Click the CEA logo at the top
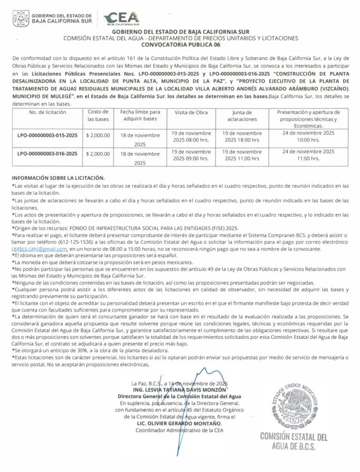121,18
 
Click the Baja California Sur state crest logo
21,19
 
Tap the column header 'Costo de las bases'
98,115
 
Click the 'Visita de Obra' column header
191,112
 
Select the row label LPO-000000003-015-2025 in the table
49,135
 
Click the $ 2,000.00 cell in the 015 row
98,135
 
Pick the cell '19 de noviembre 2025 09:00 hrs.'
191,154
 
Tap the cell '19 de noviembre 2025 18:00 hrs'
242,136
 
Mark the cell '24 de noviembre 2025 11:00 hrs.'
308,154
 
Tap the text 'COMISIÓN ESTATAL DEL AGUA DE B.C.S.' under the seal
294,441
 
